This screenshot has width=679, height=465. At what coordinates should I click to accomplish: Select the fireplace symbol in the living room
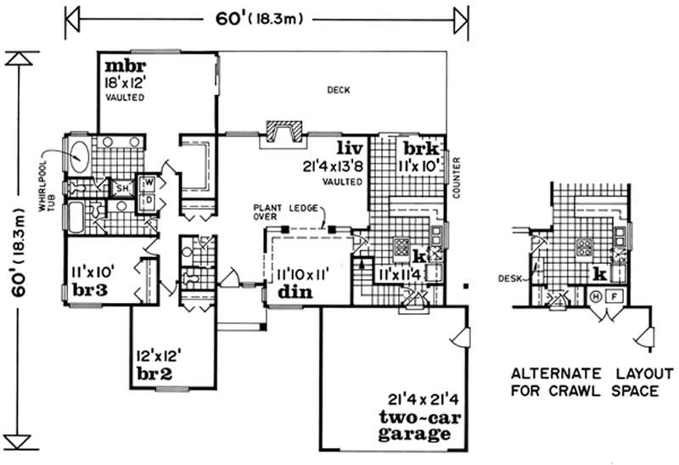click(x=281, y=133)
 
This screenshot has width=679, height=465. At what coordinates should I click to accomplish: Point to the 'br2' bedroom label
click(x=152, y=373)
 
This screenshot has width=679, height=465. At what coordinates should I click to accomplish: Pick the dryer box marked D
click(x=148, y=199)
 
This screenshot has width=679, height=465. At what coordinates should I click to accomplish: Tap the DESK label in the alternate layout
click(x=510, y=277)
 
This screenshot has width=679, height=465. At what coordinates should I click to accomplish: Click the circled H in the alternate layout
click(x=595, y=296)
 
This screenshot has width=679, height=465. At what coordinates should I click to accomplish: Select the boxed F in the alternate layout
click(x=615, y=296)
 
